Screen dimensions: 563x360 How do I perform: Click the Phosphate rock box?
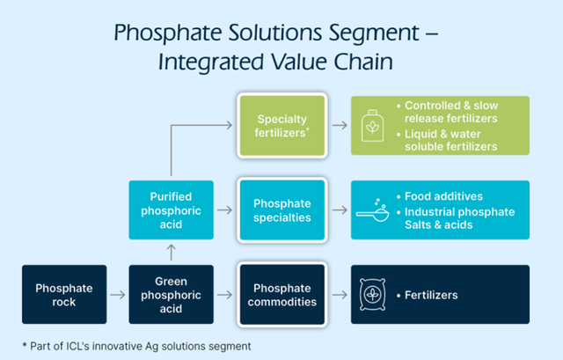(x=64, y=295)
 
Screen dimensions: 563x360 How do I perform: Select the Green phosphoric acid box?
(x=172, y=295)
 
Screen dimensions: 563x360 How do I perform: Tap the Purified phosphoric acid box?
(x=172, y=210)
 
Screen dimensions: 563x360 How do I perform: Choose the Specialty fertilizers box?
(x=282, y=126)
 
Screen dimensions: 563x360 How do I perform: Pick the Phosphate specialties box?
(x=282, y=210)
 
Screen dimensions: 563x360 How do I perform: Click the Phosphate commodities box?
(x=282, y=295)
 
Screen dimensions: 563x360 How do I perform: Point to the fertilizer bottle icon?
(x=372, y=126)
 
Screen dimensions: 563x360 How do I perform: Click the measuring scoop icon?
(x=373, y=209)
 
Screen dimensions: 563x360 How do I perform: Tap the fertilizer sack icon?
(x=373, y=295)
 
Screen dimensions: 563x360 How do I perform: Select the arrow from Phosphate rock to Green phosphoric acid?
(x=118, y=295)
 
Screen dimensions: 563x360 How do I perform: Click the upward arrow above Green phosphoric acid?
(x=172, y=253)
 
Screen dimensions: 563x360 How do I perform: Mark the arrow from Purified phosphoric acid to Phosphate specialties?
(x=225, y=209)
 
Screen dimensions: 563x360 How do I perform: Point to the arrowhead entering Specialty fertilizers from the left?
(x=230, y=125)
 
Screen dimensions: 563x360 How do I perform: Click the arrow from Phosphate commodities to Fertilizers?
(x=340, y=295)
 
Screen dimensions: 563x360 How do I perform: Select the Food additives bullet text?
(x=443, y=196)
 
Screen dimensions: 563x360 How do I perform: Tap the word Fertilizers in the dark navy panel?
(x=431, y=296)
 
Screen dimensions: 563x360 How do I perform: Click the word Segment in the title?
(x=374, y=33)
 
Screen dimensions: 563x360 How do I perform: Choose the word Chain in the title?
(x=363, y=62)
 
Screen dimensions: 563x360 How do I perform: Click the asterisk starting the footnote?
(x=25, y=345)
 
